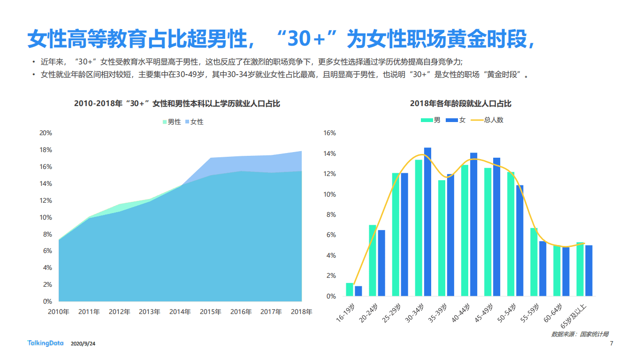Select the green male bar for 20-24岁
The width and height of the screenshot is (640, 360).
point(373,260)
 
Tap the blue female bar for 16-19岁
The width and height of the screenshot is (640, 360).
point(358,291)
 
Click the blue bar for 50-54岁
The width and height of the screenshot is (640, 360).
point(520,240)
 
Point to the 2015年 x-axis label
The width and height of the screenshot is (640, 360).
point(211,312)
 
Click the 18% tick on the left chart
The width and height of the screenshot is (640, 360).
point(46,150)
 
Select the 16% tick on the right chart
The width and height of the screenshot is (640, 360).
point(330,133)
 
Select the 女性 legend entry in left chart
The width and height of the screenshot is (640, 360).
point(194,122)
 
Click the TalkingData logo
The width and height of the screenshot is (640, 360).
point(45,344)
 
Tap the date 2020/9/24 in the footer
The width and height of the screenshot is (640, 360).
point(83,344)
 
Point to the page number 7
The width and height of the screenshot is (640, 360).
point(611,344)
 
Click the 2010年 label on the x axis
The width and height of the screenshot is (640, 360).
point(59,312)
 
